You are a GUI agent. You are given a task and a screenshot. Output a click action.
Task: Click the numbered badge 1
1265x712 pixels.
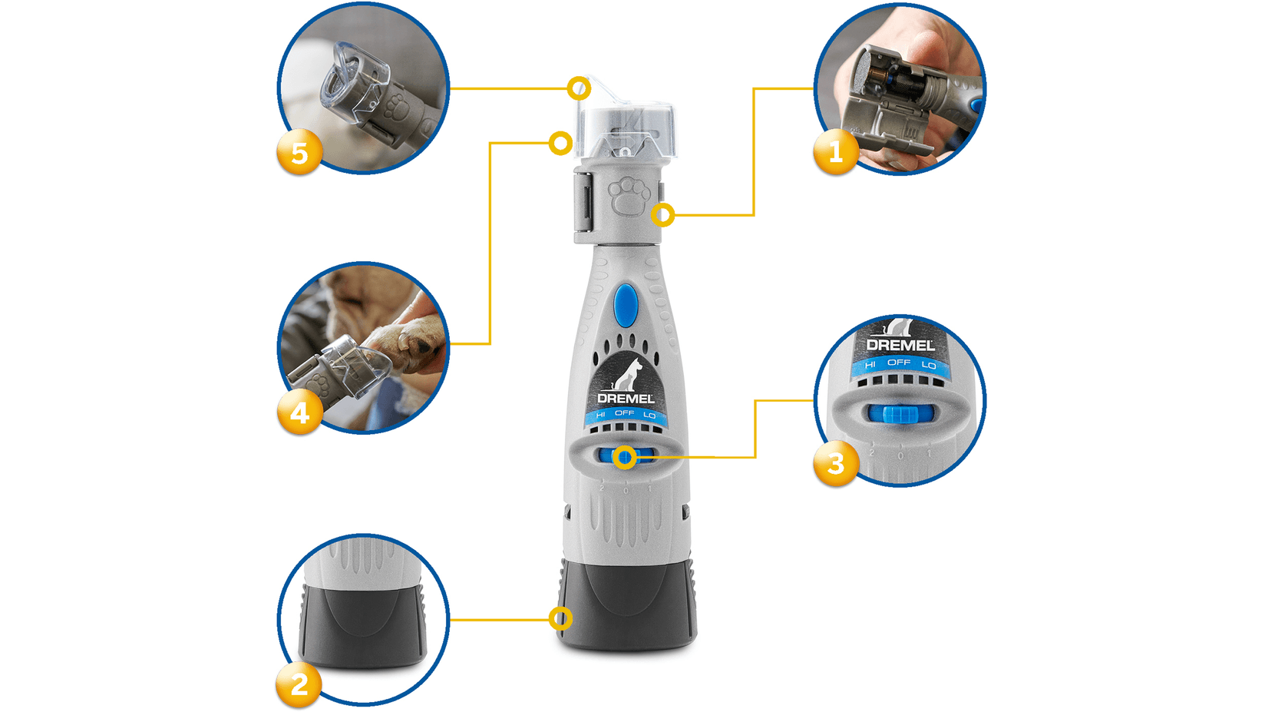click(x=835, y=151)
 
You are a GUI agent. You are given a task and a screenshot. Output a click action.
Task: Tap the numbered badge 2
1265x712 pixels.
click(x=299, y=684)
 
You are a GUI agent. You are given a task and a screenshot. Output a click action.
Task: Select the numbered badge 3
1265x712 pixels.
click(x=835, y=463)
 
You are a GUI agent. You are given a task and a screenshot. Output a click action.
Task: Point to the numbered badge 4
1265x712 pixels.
click(x=299, y=412)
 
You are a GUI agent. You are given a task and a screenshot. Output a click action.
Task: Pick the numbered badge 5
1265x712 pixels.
click(x=299, y=152)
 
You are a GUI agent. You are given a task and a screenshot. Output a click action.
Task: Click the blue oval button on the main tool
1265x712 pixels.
click(x=626, y=304)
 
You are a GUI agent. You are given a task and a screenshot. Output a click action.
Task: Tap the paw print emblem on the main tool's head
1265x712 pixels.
click(x=629, y=197)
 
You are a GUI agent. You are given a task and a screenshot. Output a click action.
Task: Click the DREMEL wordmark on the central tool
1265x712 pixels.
click(x=626, y=398)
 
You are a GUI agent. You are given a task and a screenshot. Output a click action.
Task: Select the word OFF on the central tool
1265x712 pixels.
click(x=625, y=413)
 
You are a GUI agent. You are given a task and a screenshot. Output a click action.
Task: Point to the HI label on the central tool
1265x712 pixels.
click(x=600, y=415)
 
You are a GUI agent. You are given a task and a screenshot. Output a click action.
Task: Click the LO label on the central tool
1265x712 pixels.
click(x=649, y=415)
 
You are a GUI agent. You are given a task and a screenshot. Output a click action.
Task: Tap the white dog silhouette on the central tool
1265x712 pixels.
click(x=628, y=375)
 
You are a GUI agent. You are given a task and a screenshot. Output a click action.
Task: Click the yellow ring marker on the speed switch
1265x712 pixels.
click(x=626, y=458)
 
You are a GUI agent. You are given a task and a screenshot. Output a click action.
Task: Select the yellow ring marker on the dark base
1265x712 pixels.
click(x=561, y=618)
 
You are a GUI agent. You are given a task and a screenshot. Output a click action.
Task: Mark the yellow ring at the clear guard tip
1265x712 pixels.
click(x=580, y=88)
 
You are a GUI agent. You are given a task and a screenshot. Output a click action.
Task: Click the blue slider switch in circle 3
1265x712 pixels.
click(x=902, y=414)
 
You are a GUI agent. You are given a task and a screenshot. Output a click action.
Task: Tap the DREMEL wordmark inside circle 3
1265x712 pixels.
click(x=900, y=346)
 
